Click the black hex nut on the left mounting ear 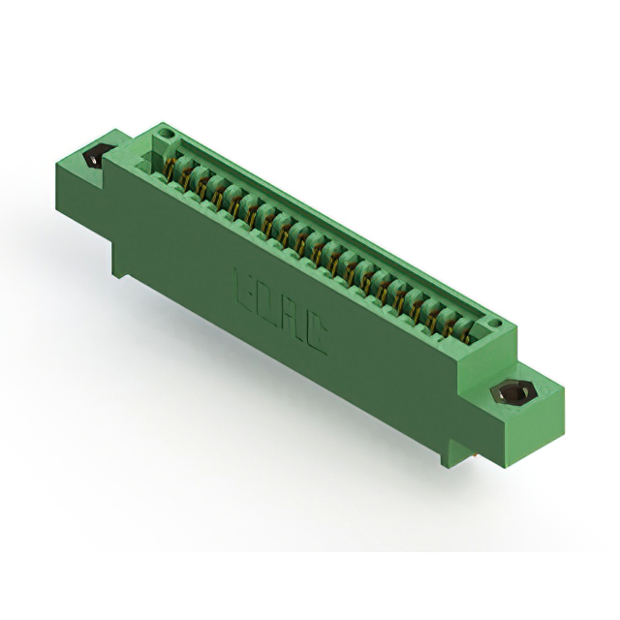pos(94,158)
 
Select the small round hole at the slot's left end pos(165,129)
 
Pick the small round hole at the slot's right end pos(495,323)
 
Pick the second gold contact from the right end pos(449,324)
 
